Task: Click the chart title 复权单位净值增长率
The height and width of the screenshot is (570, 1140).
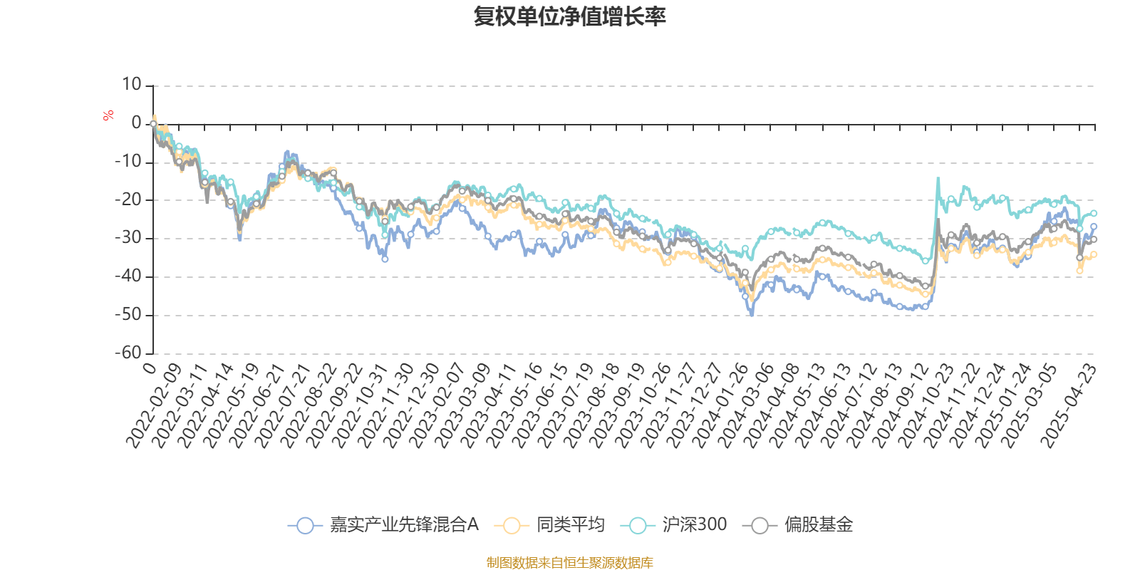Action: pyautogui.click(x=570, y=16)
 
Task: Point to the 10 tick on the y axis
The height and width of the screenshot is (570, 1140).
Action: pyautogui.click(x=132, y=85)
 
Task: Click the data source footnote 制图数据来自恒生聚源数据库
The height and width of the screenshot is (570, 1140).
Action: pyautogui.click(x=570, y=563)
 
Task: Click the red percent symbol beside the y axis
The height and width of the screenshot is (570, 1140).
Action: pyautogui.click(x=108, y=115)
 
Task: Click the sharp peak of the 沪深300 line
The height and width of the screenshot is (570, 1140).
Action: pyautogui.click(x=938, y=178)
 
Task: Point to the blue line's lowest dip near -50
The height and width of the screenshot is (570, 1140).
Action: pyautogui.click(x=751, y=314)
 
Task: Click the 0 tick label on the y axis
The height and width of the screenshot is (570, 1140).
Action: pyautogui.click(x=136, y=123)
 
